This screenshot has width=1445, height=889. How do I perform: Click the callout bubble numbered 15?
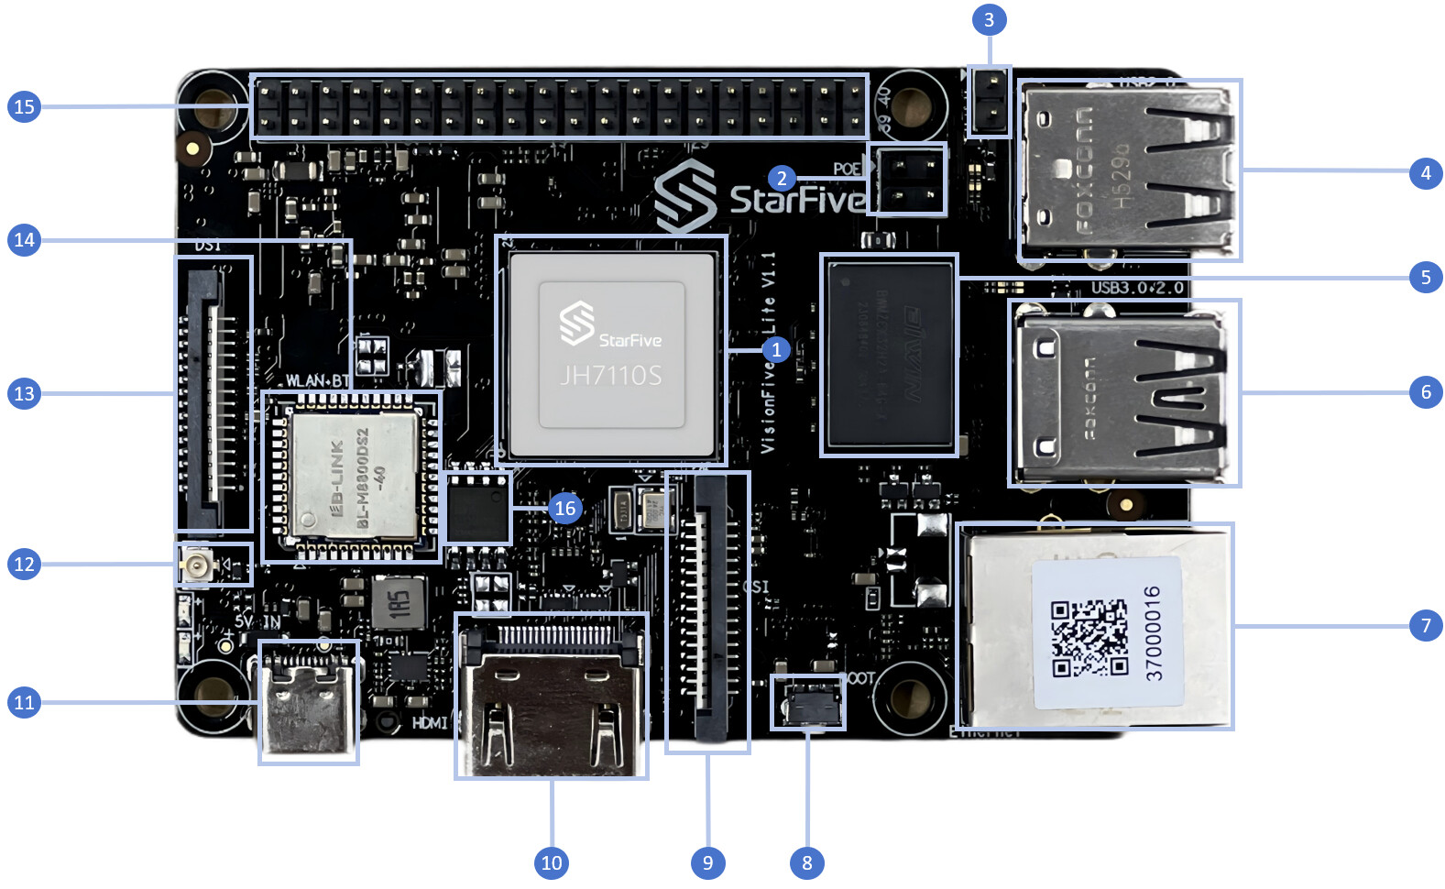[24, 106]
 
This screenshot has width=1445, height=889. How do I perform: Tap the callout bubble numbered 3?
[988, 20]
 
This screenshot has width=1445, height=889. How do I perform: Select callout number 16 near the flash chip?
[564, 508]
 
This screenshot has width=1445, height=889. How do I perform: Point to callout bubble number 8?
[806, 862]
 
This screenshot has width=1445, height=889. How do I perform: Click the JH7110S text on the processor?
[610, 375]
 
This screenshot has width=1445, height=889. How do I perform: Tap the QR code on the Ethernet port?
[1089, 637]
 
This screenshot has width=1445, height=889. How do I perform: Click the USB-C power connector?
[308, 701]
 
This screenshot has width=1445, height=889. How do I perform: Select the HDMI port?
[551, 696]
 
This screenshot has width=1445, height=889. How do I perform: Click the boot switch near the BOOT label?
[807, 703]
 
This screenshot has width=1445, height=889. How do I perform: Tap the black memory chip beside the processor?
[889, 356]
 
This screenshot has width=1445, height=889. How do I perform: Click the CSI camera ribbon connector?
[707, 609]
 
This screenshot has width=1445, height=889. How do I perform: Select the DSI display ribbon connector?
[213, 394]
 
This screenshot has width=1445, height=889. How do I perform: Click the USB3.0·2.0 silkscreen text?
[1136, 288]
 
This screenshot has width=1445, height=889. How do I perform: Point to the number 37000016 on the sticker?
[1154, 632]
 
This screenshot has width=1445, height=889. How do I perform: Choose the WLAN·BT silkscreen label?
[317, 380]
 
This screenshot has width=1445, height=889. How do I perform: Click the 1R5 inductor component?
[397, 604]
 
